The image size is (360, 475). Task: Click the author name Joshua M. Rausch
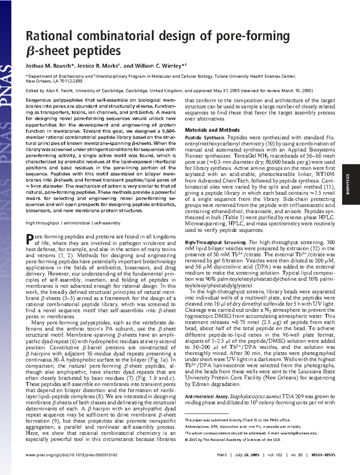(x=50, y=66)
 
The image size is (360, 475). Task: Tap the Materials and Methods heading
(x=212, y=130)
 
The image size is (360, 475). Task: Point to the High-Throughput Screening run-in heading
(x=215, y=242)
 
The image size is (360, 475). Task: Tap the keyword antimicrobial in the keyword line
(x=76, y=223)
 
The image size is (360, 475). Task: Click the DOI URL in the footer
(x=71, y=455)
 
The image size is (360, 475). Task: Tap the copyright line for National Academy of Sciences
(x=232, y=440)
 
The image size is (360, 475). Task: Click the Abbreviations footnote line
(x=243, y=426)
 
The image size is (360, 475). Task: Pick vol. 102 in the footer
(x=275, y=455)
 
